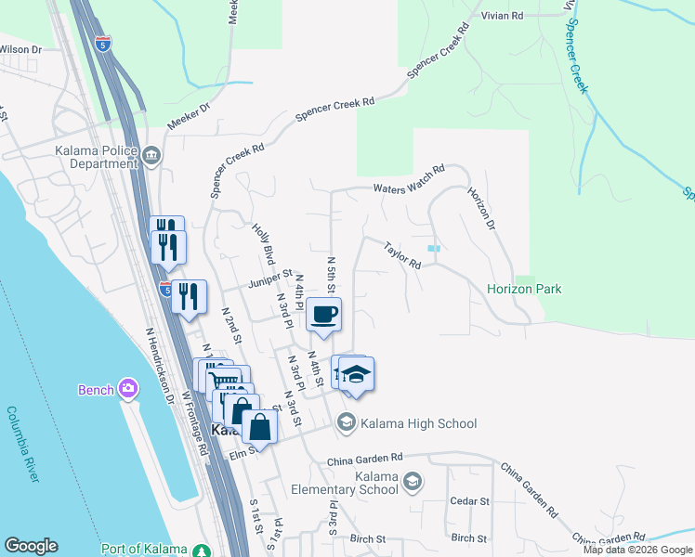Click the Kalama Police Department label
[x=82, y=157]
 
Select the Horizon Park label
[x=524, y=289]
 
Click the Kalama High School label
[x=419, y=423]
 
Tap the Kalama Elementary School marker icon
[x=413, y=481]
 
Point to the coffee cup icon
[x=324, y=315]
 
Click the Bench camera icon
[x=128, y=389]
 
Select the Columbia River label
[x=24, y=444]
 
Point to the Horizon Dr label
[x=482, y=209]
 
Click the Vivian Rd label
[x=503, y=16]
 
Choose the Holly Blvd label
[x=265, y=241]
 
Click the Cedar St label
[x=469, y=501]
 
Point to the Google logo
[x=31, y=546]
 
